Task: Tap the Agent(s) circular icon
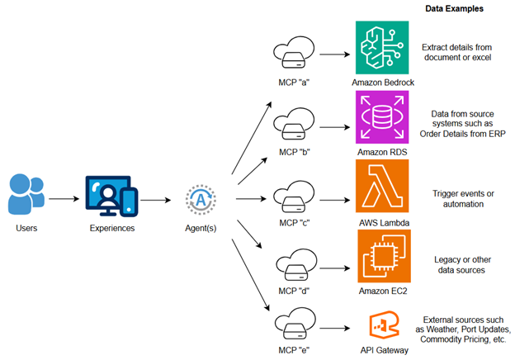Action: point(199,200)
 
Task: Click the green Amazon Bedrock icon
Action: point(383,48)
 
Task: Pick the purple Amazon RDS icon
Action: point(383,118)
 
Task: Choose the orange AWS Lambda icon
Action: point(383,187)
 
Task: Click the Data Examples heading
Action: point(454,8)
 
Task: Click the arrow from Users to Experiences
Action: point(65,198)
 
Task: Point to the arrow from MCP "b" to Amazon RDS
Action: point(334,128)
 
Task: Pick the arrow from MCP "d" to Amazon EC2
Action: point(334,268)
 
